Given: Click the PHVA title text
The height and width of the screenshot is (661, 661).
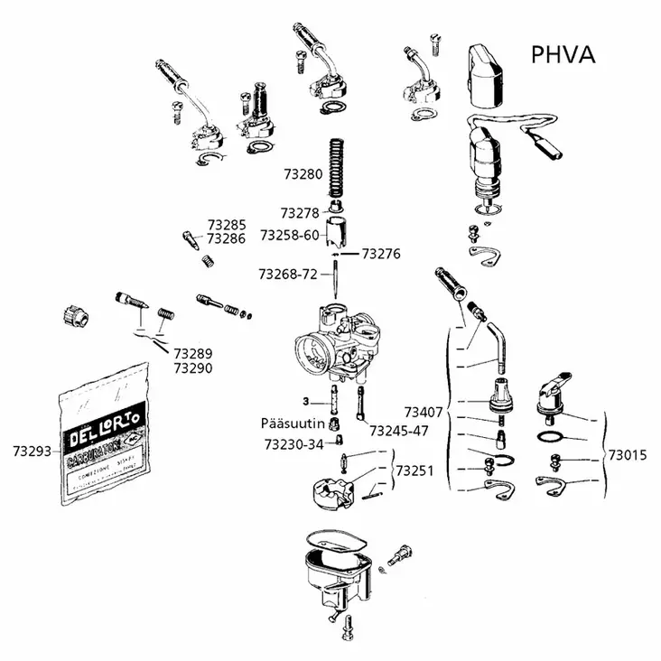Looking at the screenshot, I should (x=562, y=54).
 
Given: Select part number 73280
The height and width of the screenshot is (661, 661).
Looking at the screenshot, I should (x=303, y=172).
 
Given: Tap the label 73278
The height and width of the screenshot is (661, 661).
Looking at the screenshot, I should (x=299, y=214).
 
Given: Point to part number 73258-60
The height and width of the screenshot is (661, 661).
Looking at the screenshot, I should (x=289, y=235).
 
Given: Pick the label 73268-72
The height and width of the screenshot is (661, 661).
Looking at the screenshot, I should (x=287, y=274).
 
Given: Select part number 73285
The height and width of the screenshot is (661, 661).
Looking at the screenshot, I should (x=227, y=225).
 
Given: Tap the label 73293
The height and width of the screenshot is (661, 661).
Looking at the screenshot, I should (x=33, y=449).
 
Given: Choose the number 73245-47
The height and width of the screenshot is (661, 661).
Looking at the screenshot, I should (x=398, y=430).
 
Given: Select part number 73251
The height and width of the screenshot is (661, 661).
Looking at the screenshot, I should (x=415, y=470).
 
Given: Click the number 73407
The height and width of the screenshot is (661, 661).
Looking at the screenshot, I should (x=423, y=413).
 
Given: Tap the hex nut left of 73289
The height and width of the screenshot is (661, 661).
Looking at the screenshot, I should (x=75, y=316).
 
